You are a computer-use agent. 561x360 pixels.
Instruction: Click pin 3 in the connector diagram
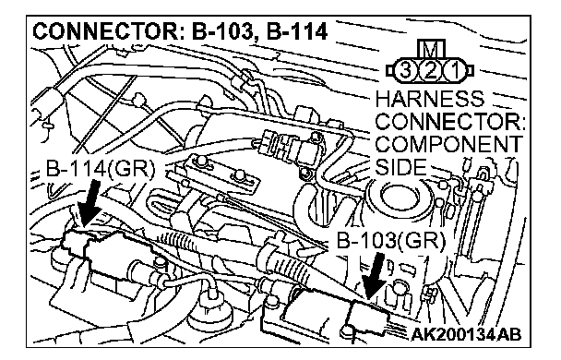point(404,70)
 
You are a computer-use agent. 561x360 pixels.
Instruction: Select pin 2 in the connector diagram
point(430,70)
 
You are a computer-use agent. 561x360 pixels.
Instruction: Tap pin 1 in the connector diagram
point(455,70)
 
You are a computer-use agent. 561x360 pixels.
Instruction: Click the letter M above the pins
point(431,49)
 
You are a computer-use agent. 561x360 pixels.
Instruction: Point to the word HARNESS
point(430,98)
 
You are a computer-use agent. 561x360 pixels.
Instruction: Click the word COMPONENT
point(448,144)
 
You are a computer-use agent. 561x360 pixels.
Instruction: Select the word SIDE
point(400,166)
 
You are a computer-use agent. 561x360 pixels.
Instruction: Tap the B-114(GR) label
point(101,168)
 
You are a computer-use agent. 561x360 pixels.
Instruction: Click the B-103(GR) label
point(391,241)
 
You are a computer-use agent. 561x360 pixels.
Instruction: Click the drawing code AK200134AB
point(466,335)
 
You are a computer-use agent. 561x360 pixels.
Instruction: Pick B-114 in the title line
point(297,31)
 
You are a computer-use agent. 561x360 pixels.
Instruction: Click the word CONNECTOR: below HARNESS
point(450,121)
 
